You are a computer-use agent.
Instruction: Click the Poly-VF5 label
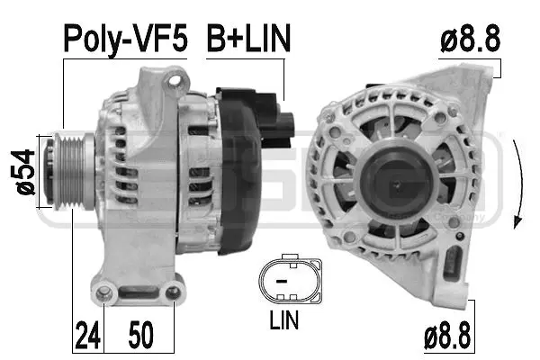point(124,39)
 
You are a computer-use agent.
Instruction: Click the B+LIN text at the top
point(249,39)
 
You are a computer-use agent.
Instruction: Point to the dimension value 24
point(85,336)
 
